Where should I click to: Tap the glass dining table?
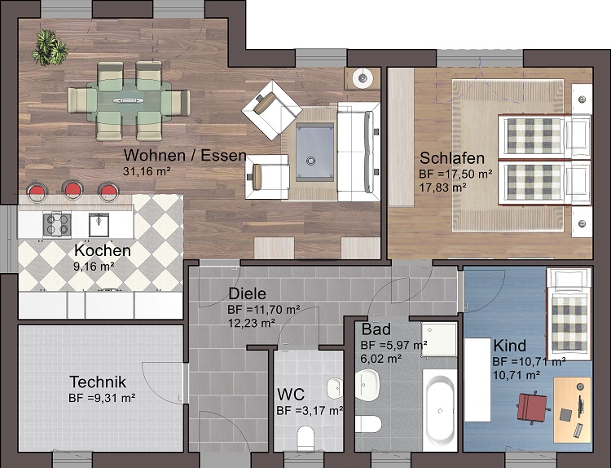pyautogui.click(x=128, y=101)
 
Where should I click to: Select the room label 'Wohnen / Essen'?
pyautogui.click(x=184, y=156)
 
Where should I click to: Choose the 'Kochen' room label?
pyautogui.click(x=102, y=250)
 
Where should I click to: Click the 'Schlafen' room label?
pyautogui.click(x=452, y=158)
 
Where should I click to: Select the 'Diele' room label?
pyautogui.click(x=248, y=294)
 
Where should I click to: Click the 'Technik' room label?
pyautogui.click(x=97, y=382)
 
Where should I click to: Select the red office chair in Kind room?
pyautogui.click(x=530, y=405)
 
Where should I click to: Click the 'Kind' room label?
pyautogui.click(x=510, y=345)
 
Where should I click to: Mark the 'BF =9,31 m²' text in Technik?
pyautogui.click(x=102, y=398)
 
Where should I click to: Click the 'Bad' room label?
pyautogui.click(x=376, y=329)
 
